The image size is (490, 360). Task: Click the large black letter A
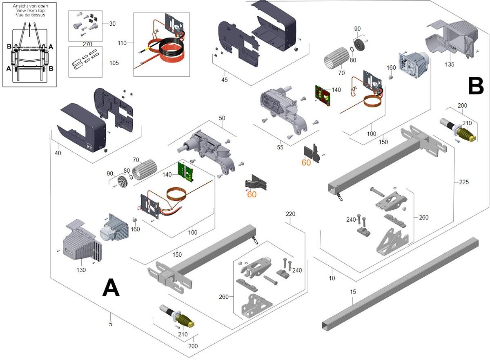[111, 288]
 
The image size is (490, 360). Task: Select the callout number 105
[114, 63]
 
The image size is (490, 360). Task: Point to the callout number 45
[224, 80]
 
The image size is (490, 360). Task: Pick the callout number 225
[464, 182]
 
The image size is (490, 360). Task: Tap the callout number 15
[353, 292]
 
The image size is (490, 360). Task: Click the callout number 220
[290, 213]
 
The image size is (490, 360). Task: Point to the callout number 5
[111, 324]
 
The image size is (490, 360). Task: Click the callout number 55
[280, 147]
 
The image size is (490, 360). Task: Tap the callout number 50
[222, 118]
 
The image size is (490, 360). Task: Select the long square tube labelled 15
[400, 282]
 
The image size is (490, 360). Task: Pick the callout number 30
[112, 24]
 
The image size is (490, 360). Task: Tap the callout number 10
[332, 278]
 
